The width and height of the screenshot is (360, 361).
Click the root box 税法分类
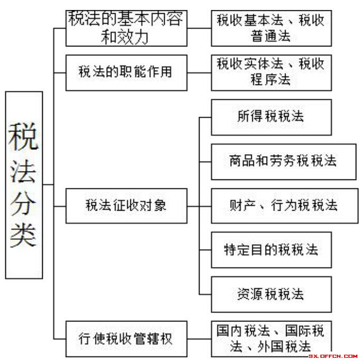pos(24,185)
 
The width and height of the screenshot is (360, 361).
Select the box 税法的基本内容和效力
pos(126,28)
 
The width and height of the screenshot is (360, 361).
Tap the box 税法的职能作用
pos(126,72)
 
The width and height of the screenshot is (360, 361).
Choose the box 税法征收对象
pos(126,205)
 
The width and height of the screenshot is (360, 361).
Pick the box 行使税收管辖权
pos(126,338)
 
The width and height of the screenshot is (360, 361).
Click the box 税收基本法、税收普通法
pos(271,28)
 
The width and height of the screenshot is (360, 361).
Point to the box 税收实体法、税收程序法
pos(271,72)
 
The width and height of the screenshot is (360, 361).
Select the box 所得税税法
pos(271,117)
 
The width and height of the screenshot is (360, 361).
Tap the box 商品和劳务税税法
pos(271,161)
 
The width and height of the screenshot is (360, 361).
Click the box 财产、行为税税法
pos(271,205)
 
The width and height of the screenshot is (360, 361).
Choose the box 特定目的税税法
pos(271,250)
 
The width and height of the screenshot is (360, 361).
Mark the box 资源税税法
pos(271,294)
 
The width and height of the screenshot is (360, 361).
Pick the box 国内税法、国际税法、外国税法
pos(271,338)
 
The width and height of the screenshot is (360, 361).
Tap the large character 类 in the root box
pos(24,233)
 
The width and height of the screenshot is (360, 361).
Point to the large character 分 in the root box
pos(24,201)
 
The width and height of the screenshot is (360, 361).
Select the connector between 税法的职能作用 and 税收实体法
pos(199,72)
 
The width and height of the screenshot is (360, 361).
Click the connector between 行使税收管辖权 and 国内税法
pos(199,338)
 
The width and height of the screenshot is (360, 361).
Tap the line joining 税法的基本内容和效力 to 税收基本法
pos(199,28)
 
